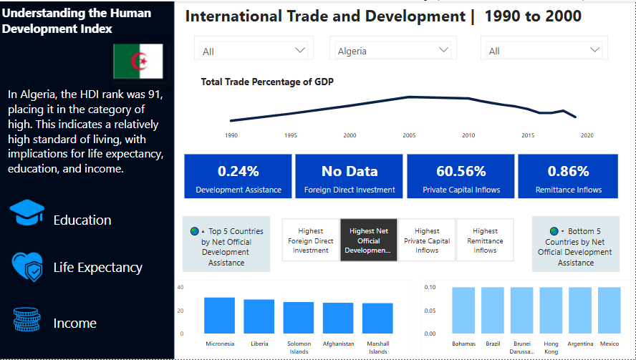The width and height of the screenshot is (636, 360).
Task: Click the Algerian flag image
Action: pyautogui.click(x=138, y=61)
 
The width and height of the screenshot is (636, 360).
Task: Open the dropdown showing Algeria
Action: pyautogui.click(x=394, y=51)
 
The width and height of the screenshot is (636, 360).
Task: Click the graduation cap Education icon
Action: pyautogui.click(x=27, y=214)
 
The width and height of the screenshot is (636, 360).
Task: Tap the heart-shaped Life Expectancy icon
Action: pyautogui.click(x=27, y=267)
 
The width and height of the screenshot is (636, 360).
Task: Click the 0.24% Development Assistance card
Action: pyautogui.click(x=238, y=177)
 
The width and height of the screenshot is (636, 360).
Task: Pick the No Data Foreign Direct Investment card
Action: pyautogui.click(x=349, y=177)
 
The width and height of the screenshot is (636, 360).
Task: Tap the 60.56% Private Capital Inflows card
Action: pyautogui.click(x=461, y=177)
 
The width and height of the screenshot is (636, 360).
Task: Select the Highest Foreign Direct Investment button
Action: pyautogui.click(x=310, y=240)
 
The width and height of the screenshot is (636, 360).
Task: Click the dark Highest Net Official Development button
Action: pyautogui.click(x=368, y=240)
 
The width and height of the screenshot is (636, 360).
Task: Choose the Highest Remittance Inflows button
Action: pyautogui.click(x=485, y=240)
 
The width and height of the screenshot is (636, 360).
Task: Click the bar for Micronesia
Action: pyautogui.click(x=219, y=315)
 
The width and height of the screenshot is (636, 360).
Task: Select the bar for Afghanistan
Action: pyautogui.click(x=338, y=318)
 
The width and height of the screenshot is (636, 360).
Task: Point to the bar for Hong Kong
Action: pyautogui.click(x=551, y=310)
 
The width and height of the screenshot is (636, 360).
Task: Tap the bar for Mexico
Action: pyautogui.click(x=609, y=310)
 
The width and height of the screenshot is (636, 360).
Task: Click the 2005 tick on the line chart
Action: pyautogui.click(x=409, y=135)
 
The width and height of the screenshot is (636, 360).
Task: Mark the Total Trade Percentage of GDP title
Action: pyautogui.click(x=267, y=82)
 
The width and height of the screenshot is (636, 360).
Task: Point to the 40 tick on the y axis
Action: pyautogui.click(x=180, y=287)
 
